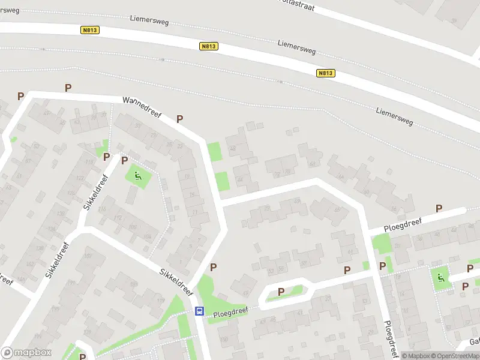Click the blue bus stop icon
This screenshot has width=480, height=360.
coord(199,311)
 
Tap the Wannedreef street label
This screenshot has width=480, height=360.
coord(142,107)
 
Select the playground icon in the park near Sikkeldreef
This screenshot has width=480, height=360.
coord(138,176)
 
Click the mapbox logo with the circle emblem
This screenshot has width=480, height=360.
coord(26,353)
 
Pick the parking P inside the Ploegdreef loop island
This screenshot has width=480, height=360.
coord(281,292)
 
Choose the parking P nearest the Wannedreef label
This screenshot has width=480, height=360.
coord(179,119)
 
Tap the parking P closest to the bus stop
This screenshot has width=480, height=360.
coord(213,267)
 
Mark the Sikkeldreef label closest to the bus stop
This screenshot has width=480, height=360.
coord(176,282)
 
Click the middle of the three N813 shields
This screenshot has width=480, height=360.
coord(209,46)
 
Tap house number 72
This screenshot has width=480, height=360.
coord(277,175)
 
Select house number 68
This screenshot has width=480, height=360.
coord(312,164)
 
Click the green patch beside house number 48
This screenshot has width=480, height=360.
coord(214,151)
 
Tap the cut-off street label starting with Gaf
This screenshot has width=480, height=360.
coord(474,341)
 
